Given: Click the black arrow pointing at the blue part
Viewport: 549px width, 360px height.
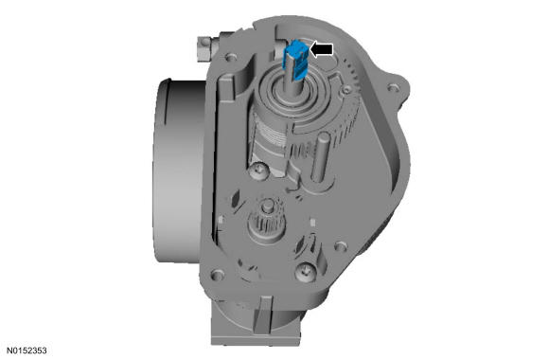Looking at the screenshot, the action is (x=322, y=49).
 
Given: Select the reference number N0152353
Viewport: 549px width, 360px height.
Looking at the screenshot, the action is (x=27, y=351).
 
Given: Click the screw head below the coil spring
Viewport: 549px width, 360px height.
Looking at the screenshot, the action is (x=258, y=171).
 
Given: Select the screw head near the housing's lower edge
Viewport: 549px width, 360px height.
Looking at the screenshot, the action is (x=306, y=272).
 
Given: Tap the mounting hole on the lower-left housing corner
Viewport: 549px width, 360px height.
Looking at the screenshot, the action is (x=218, y=274).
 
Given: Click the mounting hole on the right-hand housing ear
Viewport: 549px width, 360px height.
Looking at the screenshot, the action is (x=393, y=88).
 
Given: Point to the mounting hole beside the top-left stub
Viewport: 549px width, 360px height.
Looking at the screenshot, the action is (x=230, y=57).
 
